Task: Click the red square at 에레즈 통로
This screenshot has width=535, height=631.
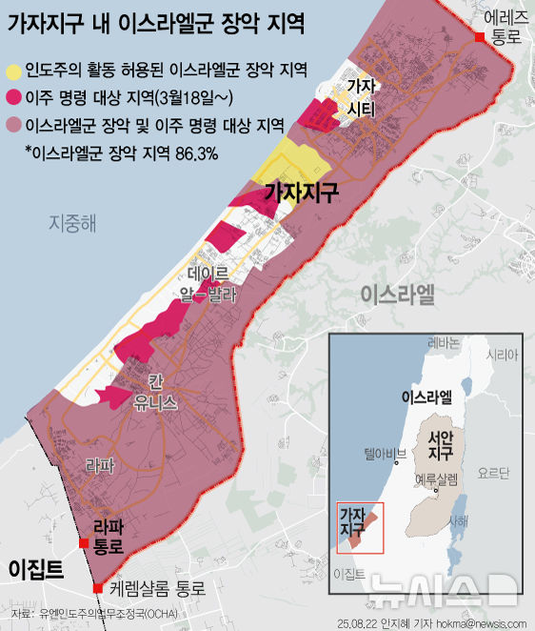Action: coord(481,36)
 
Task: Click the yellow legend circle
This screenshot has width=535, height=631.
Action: coord(14,71)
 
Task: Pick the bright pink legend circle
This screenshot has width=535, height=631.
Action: coord(14,97)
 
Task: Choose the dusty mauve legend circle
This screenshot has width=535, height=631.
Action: coord(14,124)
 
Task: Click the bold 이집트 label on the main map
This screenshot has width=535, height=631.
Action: coord(36,569)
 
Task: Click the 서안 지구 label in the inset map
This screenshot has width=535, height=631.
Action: coord(441,445)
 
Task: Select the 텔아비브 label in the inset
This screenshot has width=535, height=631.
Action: coord(384,454)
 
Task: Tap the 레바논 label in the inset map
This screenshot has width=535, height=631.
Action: coord(443,343)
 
